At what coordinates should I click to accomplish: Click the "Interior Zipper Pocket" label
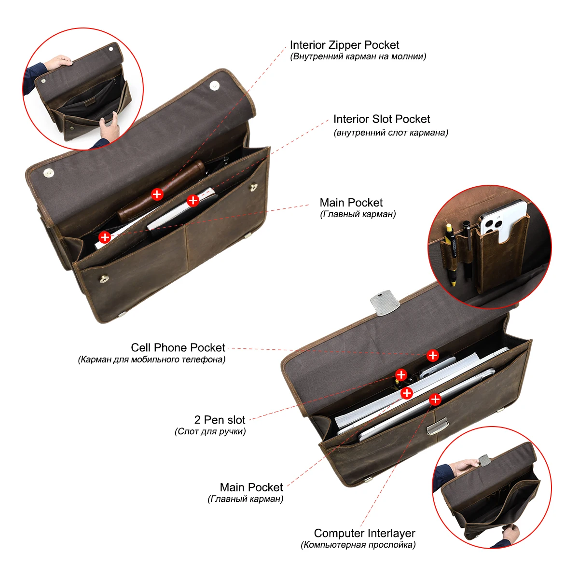point(344,45)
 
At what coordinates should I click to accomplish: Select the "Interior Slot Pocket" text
point(381,119)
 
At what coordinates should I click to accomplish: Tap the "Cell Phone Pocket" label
point(178,347)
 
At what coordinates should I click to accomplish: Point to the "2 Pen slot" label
point(220,420)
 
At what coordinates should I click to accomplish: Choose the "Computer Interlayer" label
point(364,533)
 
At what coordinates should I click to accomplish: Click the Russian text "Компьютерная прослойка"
point(358,545)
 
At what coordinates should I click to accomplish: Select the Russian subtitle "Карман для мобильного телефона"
point(152,359)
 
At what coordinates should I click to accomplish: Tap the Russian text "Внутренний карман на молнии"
point(358,56)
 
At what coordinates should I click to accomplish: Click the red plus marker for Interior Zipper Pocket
point(157,194)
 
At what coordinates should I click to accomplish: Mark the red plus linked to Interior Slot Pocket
point(193,200)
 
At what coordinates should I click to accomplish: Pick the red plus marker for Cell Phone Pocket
point(433,356)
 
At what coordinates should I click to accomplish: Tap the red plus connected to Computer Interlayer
point(435,399)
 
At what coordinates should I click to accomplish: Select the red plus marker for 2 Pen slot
point(401,374)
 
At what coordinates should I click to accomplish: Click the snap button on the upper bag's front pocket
point(103,278)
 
